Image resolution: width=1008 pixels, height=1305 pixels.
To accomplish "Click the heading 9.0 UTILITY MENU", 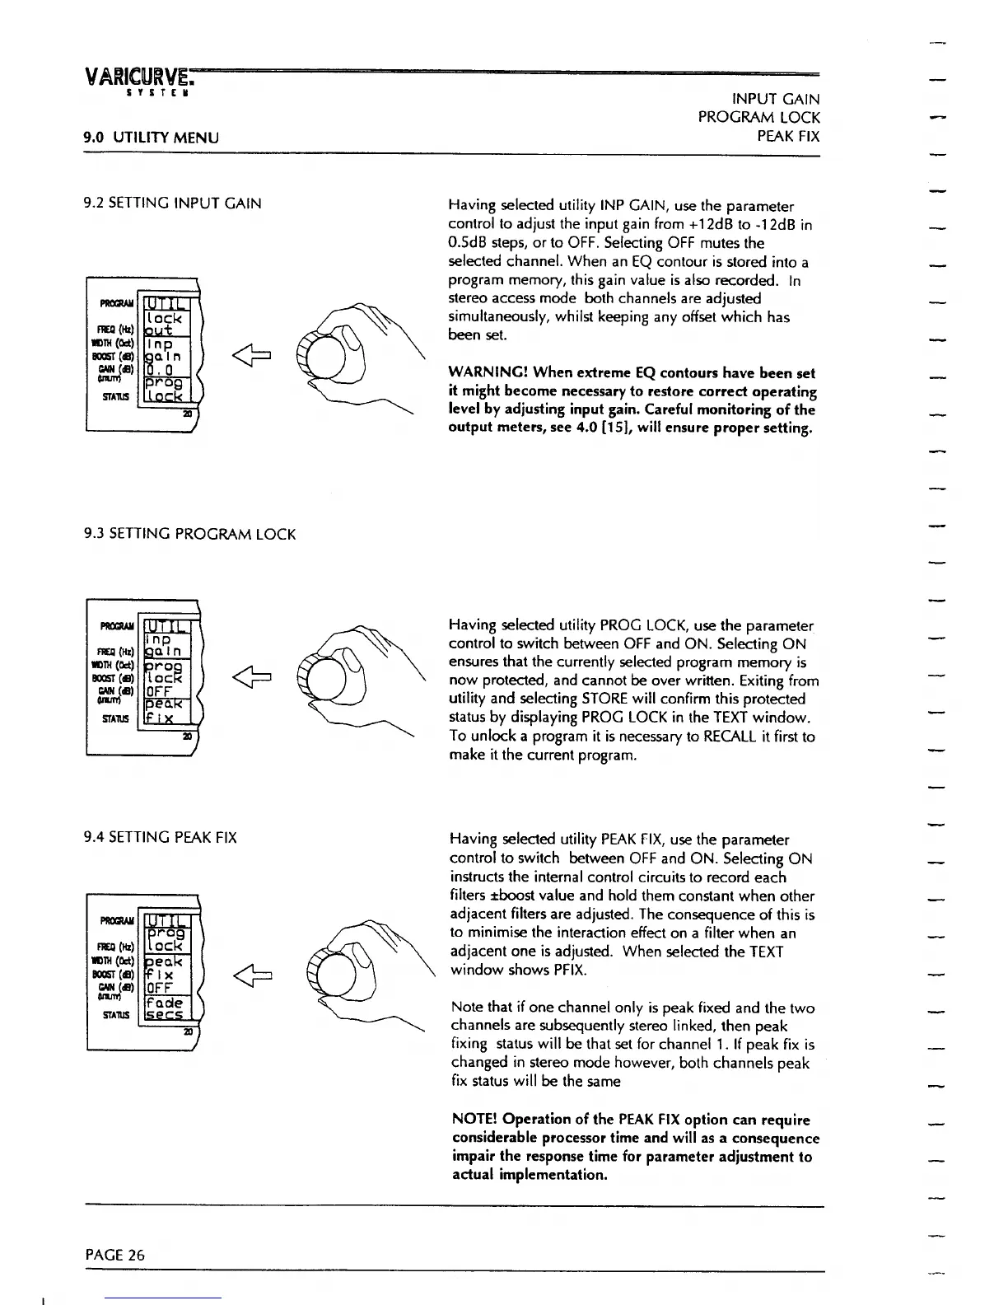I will tap(152, 137).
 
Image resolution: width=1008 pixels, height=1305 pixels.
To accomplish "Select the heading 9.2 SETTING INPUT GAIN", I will tap(173, 203).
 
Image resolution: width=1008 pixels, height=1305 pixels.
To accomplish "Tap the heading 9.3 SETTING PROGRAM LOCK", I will tap(190, 534).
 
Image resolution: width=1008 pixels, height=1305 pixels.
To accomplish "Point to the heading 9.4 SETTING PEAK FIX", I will tap(161, 838).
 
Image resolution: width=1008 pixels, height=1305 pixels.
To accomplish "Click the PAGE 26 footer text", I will tap(114, 1255).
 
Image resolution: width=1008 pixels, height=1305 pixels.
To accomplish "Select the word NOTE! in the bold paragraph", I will tap(474, 1120).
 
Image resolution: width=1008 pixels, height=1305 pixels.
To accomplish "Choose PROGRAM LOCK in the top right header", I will tap(758, 117).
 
